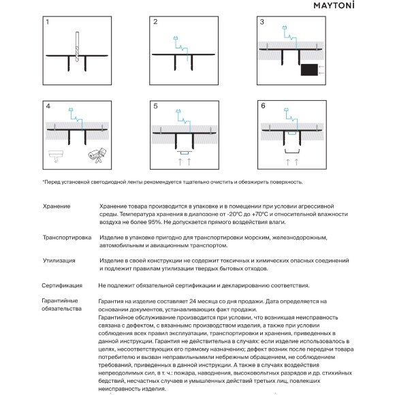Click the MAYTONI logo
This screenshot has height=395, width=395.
pos(334,5)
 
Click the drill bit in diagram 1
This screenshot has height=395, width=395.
pos(77,46)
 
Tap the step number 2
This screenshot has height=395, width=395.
pos(155,22)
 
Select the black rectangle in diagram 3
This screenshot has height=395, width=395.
pos(309,69)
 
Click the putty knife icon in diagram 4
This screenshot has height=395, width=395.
pos(56,156)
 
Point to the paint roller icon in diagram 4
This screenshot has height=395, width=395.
pos(97,155)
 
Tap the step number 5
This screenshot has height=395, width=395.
pos(155,106)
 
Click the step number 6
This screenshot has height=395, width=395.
pos(263,106)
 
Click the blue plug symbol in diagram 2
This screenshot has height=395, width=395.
pos(176,38)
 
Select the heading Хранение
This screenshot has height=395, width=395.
pos(57,206)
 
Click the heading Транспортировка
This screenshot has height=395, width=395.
pos(67,238)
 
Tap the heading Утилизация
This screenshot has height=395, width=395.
pos(59,261)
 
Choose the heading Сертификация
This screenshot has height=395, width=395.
pos(62,285)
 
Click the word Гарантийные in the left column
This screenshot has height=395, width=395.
pos(60,301)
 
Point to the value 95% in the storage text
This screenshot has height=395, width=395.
pos(156,222)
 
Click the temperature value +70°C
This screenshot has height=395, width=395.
pos(262,215)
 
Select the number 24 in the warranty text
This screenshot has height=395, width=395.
pos(193,302)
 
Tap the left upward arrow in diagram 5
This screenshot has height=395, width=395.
pos(180,161)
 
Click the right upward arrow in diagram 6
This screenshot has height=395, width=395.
pos(296,162)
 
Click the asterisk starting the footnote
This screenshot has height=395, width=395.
pos(44,181)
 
